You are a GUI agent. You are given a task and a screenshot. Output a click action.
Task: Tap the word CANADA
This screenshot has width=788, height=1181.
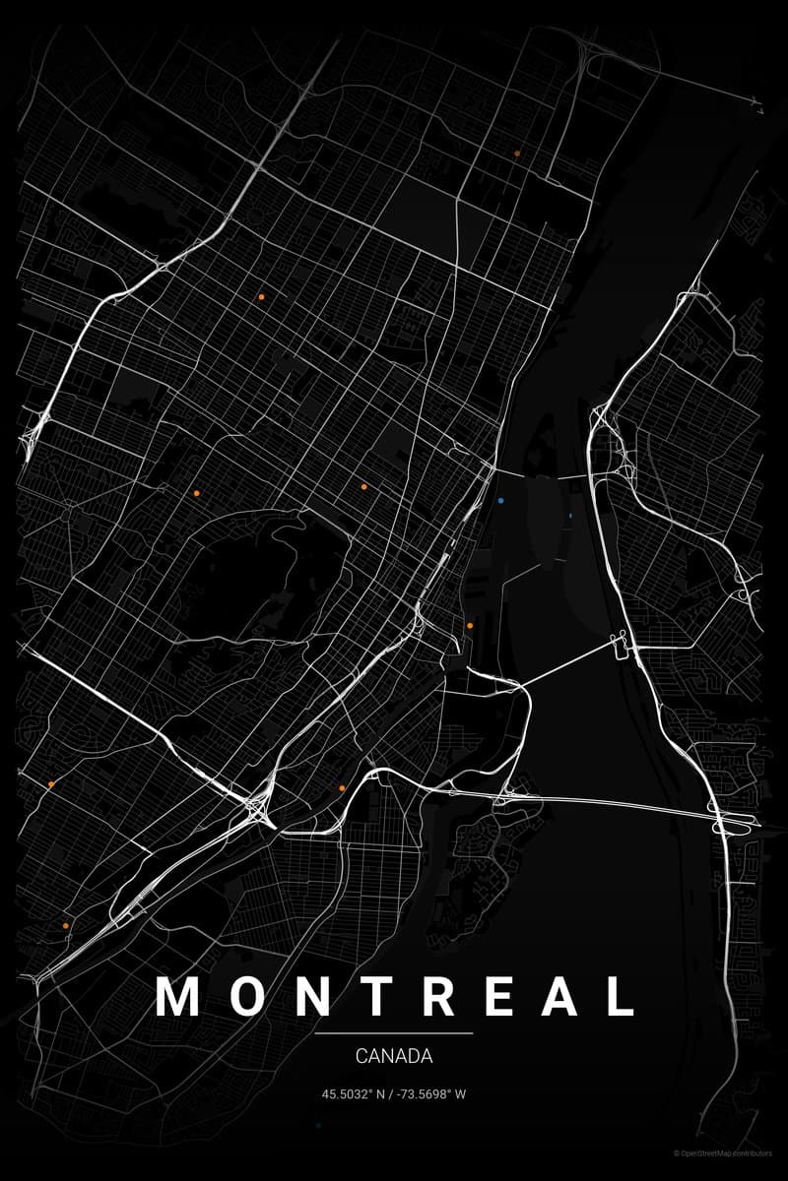394,1057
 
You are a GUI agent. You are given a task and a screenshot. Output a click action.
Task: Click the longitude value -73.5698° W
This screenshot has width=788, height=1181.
431,1094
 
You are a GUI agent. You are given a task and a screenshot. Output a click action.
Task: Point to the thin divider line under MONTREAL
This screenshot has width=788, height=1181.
394,1033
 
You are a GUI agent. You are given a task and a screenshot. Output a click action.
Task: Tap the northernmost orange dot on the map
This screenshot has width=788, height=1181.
517,154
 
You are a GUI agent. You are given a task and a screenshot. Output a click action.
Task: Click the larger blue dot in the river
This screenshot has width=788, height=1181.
501,501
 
